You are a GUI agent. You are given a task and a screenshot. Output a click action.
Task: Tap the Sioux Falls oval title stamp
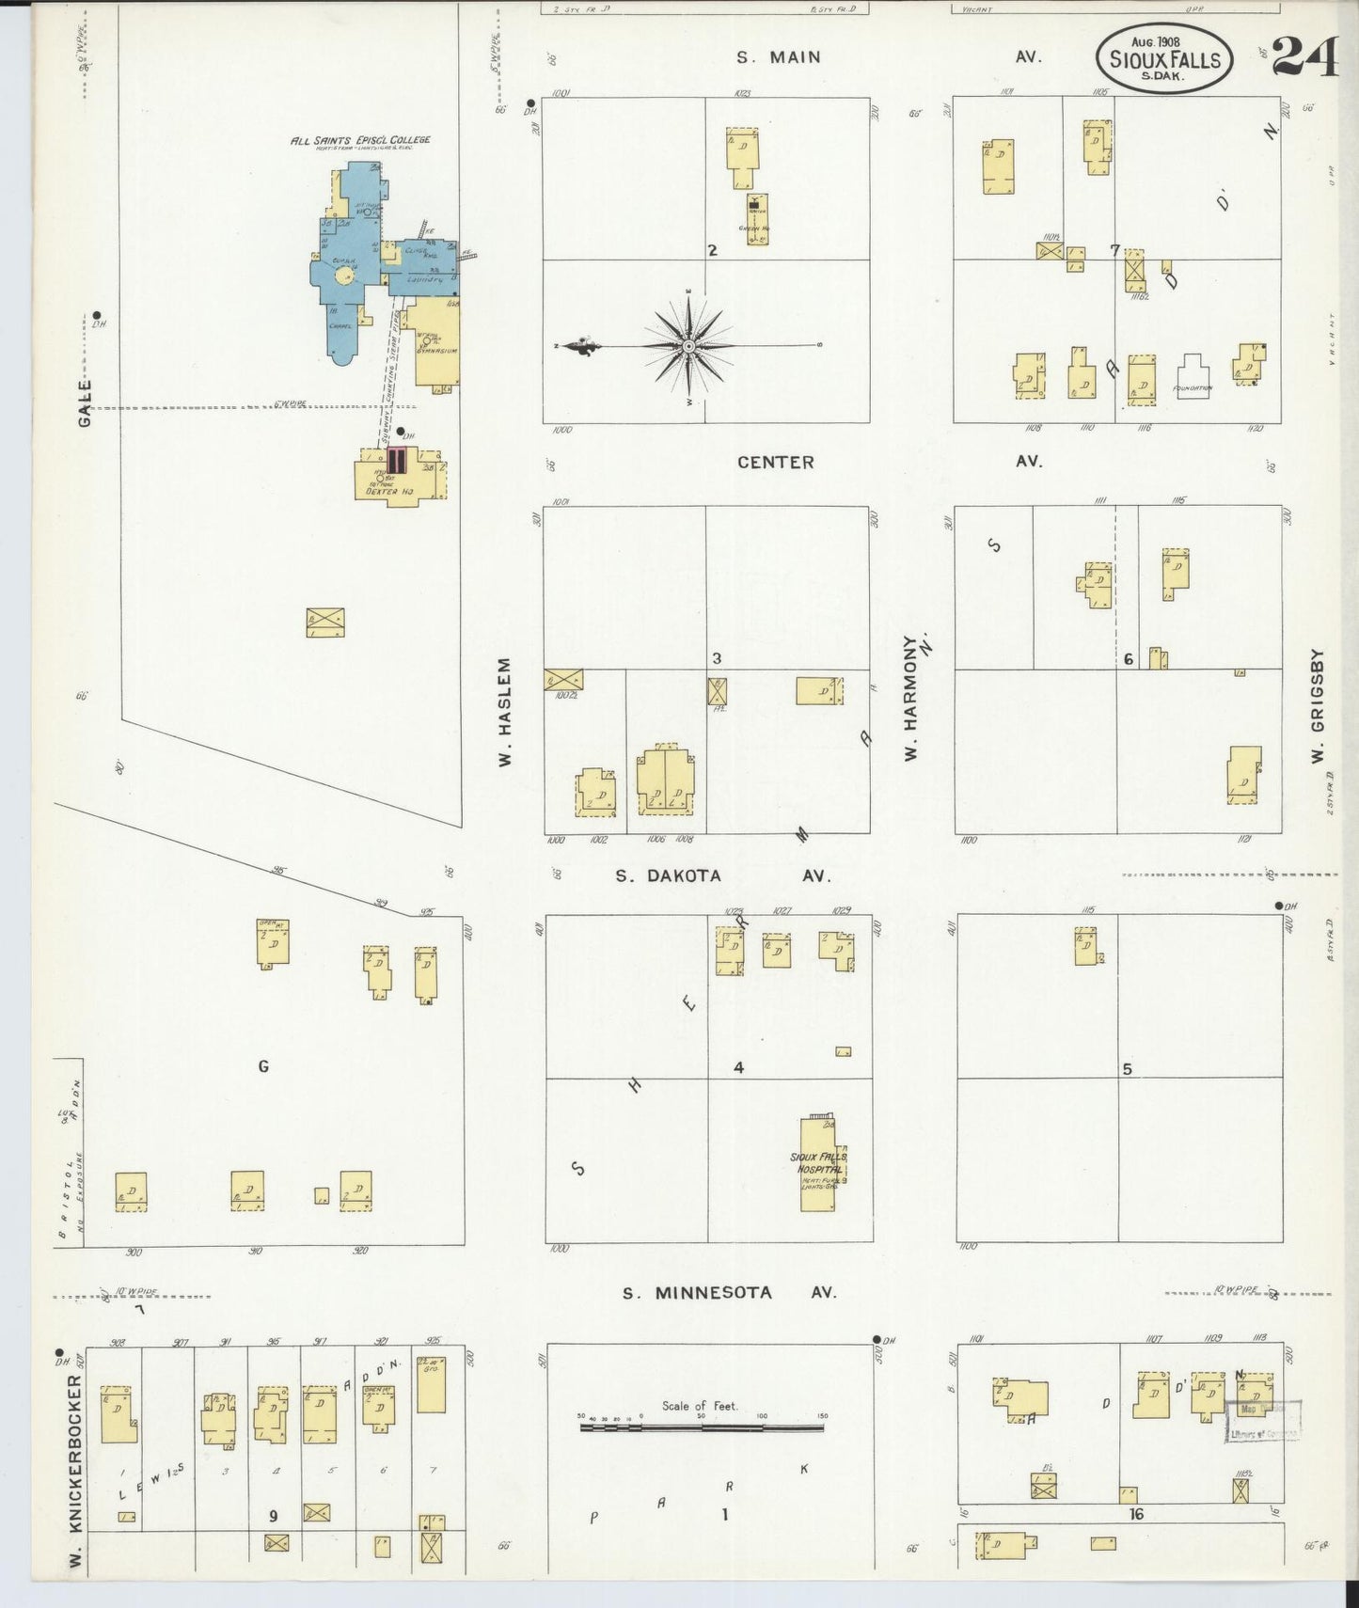[1164, 58]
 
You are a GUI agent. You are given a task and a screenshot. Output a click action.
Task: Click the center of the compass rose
[690, 346]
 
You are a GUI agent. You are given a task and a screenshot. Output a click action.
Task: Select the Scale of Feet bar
[701, 1427]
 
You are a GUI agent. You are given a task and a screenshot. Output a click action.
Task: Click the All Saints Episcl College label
[359, 140]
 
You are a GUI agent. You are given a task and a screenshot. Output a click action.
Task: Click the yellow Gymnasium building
[435, 344]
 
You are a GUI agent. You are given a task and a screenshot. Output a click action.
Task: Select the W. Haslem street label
[504, 712]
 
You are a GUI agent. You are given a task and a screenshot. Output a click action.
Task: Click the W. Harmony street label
[910, 697]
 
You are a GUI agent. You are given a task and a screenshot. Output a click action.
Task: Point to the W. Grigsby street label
[1318, 704]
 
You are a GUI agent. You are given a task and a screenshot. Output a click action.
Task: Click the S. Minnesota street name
[697, 1292]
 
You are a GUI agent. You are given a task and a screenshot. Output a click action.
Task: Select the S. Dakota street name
[669, 875]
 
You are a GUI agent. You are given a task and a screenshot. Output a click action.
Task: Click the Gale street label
[86, 402]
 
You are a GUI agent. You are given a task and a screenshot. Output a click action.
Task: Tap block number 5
[1127, 1068]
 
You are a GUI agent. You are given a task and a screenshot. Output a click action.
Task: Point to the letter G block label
[263, 1065]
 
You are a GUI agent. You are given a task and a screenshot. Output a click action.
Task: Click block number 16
[1136, 1514]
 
